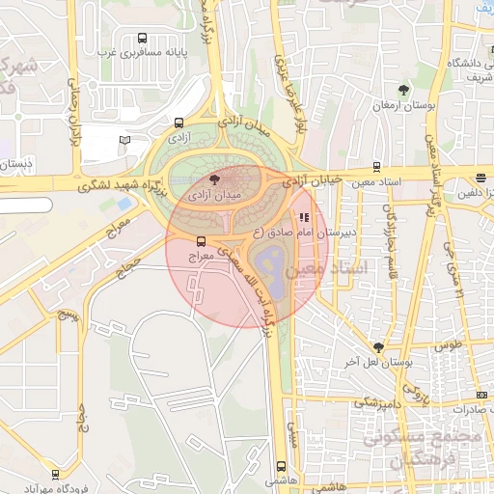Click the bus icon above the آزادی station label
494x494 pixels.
pos(179,123)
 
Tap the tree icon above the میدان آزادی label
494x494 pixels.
pos(215,178)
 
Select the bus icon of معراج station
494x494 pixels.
pos(201,241)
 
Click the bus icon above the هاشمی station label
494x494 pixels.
pos(281,464)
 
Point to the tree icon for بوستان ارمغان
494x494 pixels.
pos(404,90)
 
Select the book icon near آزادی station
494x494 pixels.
pos(123,140)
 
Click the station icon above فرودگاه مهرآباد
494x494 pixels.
pos(55,474)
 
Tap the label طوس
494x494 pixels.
pos(447,343)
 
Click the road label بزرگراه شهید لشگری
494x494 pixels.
pos(123,186)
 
